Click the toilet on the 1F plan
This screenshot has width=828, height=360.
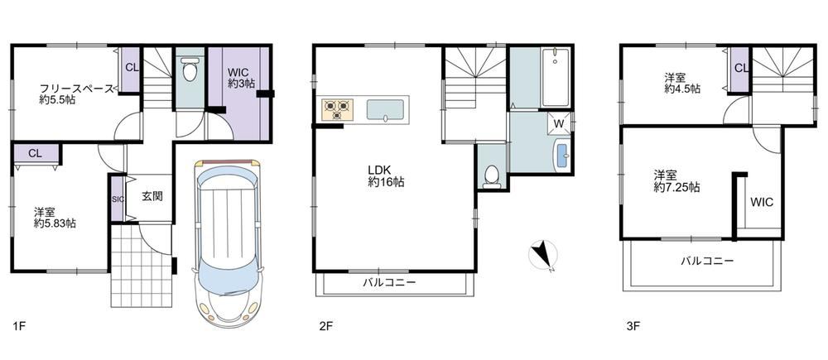point(190,70)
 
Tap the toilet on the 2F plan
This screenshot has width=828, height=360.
point(492,177)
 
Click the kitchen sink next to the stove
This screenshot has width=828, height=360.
point(386,110)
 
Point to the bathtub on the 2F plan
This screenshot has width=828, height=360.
point(555,78)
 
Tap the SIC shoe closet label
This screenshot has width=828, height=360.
point(118,199)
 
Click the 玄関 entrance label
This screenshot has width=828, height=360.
point(152,196)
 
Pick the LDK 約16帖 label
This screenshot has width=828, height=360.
point(387,176)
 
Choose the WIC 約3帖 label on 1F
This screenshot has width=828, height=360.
point(242,77)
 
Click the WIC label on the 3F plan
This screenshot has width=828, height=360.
point(762,202)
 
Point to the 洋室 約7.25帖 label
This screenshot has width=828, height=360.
point(677,180)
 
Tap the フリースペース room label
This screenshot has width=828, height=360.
point(76,88)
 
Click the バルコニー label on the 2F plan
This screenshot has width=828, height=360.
point(389,282)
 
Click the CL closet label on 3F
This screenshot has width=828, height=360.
point(741,68)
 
